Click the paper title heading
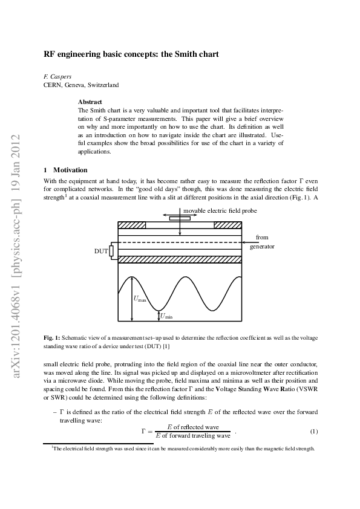[131, 54]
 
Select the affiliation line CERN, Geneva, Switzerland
[81, 85]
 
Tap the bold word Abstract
[90, 102]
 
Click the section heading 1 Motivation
[65, 170]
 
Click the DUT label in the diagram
[101, 250]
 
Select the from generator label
[262, 242]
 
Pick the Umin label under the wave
[166, 316]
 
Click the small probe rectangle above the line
[176, 218]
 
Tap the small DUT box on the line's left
[111, 250]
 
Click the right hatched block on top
[228, 225]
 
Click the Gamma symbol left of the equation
[144, 431]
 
